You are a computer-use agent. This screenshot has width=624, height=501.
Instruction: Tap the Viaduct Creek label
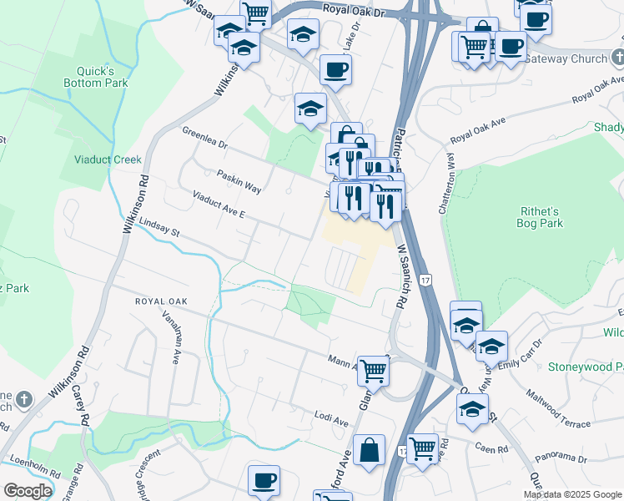(x=107, y=159)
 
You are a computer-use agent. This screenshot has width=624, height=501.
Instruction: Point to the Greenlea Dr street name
(x=205, y=137)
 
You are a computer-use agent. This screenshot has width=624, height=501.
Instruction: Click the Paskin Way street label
(x=239, y=183)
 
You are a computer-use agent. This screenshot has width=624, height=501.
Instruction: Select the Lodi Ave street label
(x=330, y=416)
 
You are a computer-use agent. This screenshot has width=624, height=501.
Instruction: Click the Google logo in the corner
(x=28, y=491)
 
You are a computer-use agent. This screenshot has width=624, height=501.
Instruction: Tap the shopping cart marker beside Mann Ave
(x=374, y=370)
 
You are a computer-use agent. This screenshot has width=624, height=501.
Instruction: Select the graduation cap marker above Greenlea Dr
(x=310, y=109)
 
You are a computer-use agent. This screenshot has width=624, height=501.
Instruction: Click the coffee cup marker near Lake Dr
(x=335, y=70)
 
